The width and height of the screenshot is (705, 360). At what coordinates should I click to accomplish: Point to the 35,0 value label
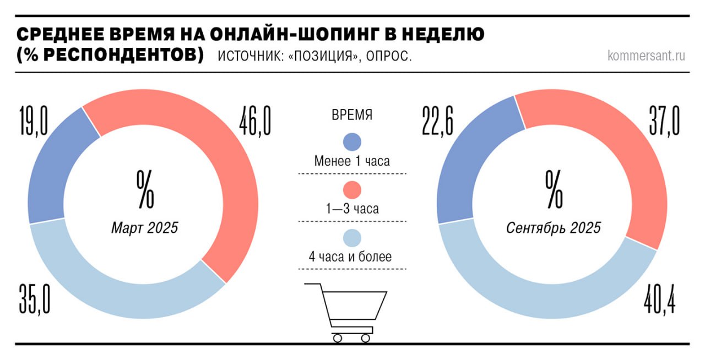tap(35, 298)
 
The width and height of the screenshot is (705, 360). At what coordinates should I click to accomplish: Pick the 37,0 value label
tap(664, 122)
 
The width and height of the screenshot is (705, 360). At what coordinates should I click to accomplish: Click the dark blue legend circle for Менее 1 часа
tap(352, 141)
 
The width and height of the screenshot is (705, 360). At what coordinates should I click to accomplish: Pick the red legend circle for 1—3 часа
tap(352, 190)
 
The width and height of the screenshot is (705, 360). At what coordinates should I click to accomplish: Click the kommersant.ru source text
tap(647, 56)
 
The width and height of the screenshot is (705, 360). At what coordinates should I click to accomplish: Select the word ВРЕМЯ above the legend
tap(352, 116)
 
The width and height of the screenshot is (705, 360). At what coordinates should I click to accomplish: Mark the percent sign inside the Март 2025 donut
tap(145, 189)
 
